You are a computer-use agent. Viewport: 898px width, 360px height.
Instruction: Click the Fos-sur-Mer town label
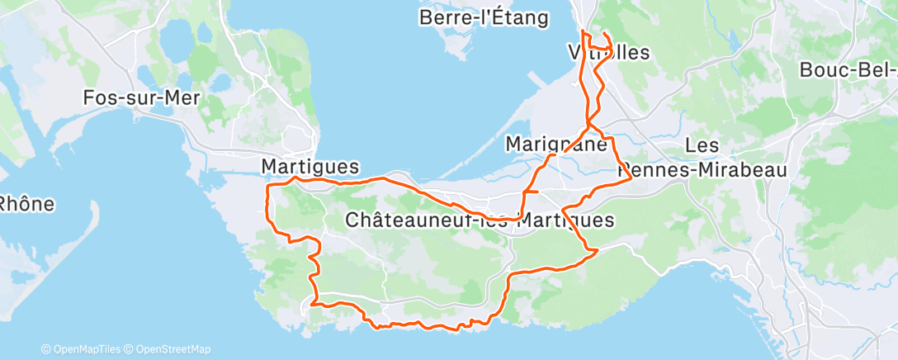pos(142,97)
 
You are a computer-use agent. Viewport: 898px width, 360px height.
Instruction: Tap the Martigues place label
pos(310,167)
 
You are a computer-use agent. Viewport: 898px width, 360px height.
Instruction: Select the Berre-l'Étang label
pos(484,18)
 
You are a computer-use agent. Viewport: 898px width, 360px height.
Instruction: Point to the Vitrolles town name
pos(609,52)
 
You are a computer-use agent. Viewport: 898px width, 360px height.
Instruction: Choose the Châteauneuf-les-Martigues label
pos(480,220)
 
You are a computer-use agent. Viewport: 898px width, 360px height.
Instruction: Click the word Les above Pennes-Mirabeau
pos(702,145)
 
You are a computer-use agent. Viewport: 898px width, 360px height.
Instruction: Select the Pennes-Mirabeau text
pos(702,171)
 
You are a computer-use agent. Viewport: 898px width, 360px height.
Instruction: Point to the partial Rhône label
pos(26,203)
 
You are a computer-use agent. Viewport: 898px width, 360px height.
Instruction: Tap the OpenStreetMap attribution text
pos(168,349)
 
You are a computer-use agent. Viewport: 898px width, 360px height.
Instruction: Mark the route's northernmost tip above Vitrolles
pos(583,31)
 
